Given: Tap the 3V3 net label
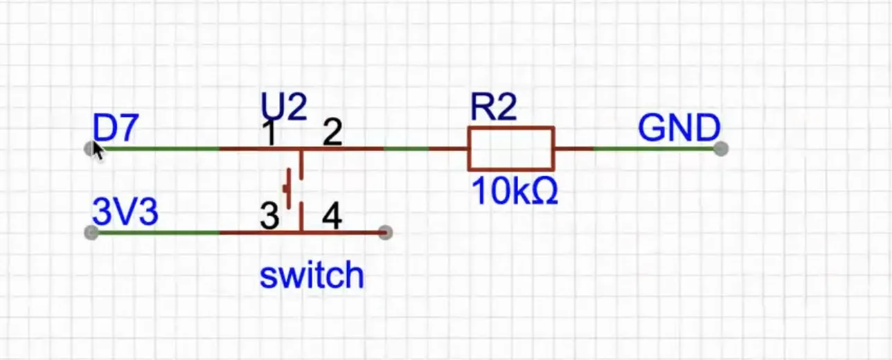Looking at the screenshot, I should click(125, 212).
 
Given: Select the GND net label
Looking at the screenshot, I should click(679, 129).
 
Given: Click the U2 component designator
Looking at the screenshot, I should click(283, 108).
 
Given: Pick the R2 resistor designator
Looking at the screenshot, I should click(493, 107).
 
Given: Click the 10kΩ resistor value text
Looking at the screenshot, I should click(515, 192).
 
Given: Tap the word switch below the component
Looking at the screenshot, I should click(311, 275).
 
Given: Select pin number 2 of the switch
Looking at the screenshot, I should click(332, 132).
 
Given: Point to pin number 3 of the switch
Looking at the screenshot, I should click(269, 217).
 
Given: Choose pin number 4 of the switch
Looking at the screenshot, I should click(332, 217).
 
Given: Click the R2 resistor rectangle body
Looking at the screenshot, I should click(511, 148).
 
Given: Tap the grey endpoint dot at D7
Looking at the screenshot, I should click(90, 148).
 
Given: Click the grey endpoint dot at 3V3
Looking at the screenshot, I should click(91, 233).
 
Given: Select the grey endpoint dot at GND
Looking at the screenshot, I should click(721, 148).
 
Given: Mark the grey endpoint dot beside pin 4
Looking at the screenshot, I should click(386, 233).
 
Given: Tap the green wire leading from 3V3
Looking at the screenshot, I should click(159, 233).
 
